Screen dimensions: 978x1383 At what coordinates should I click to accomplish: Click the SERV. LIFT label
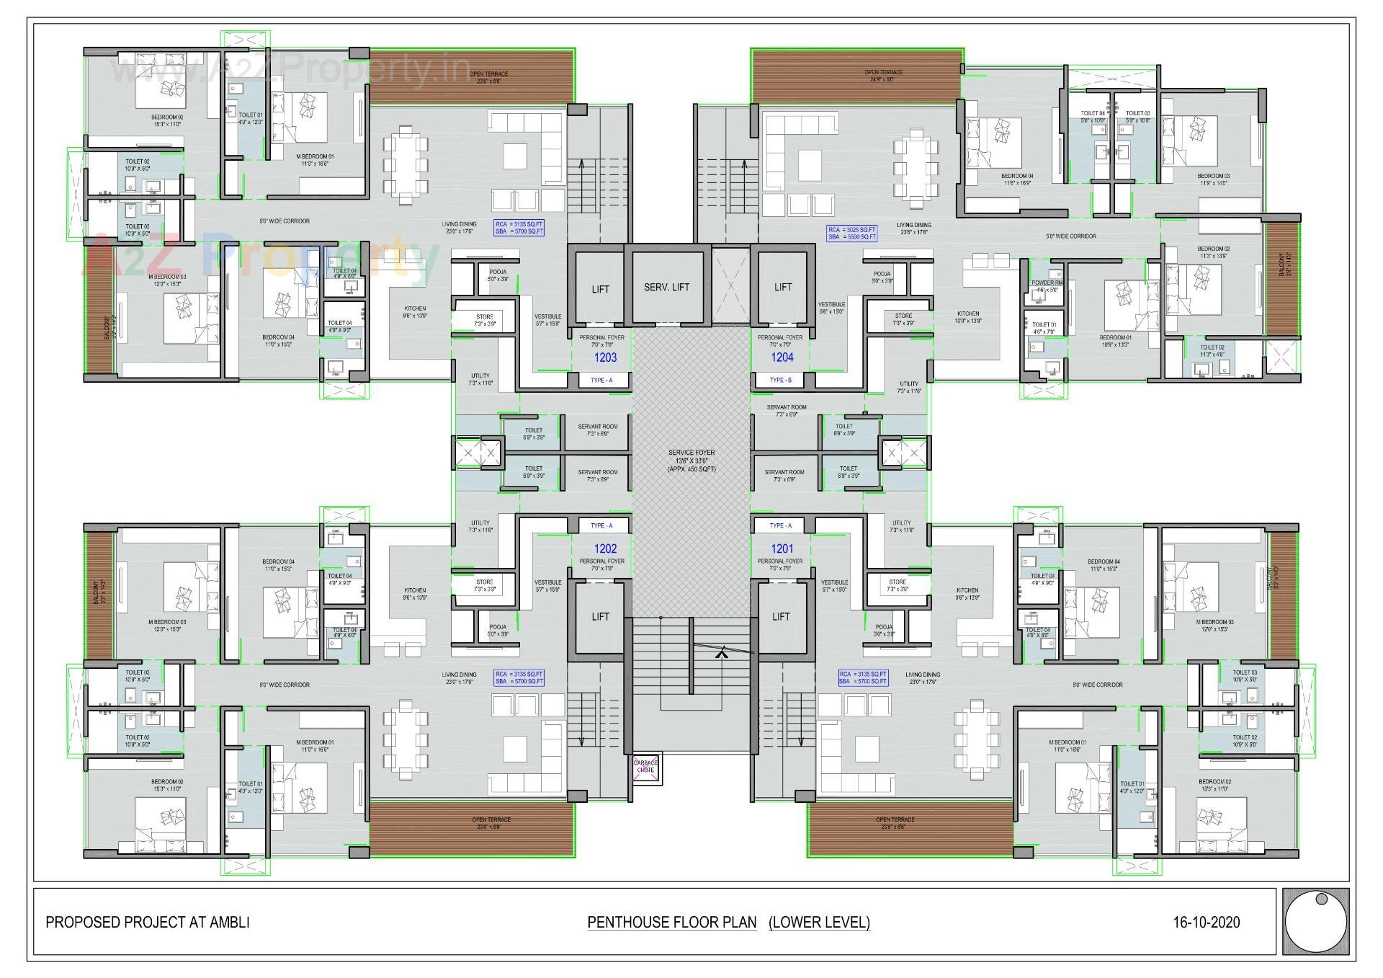pyautogui.click(x=666, y=287)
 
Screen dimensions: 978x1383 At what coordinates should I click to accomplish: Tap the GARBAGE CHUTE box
pyautogui.click(x=645, y=767)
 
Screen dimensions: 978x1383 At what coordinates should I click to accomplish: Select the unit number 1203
pyautogui.click(x=605, y=357)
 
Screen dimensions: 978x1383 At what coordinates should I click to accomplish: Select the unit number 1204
pyautogui.click(x=782, y=357)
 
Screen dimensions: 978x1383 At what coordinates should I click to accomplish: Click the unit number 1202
pyautogui.click(x=605, y=548)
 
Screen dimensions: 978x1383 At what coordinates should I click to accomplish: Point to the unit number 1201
pyautogui.click(x=782, y=548)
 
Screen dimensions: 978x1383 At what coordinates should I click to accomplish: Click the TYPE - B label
pyautogui.click(x=780, y=380)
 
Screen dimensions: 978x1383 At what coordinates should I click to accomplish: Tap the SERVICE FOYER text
pyautogui.click(x=691, y=453)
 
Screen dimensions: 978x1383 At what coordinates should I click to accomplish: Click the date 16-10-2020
pyautogui.click(x=1206, y=922)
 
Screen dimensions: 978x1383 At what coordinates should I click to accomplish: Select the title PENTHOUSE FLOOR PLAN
pyautogui.click(x=671, y=922)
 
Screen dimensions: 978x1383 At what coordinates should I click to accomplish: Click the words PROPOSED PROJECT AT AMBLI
pyautogui.click(x=148, y=922)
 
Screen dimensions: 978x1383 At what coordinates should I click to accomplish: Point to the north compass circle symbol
pyautogui.click(x=1315, y=922)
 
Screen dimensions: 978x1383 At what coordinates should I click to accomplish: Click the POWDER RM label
pyautogui.click(x=1047, y=283)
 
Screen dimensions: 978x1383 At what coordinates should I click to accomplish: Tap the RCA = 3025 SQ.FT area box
pyautogui.click(x=852, y=233)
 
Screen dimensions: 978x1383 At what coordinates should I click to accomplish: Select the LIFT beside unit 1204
pyautogui.click(x=783, y=287)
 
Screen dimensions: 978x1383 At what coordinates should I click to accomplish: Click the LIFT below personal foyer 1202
pyautogui.click(x=600, y=617)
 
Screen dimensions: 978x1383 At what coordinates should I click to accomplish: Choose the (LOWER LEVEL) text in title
pyautogui.click(x=819, y=922)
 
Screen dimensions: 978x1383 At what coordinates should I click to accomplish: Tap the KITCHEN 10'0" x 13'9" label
pyautogui.click(x=967, y=317)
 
